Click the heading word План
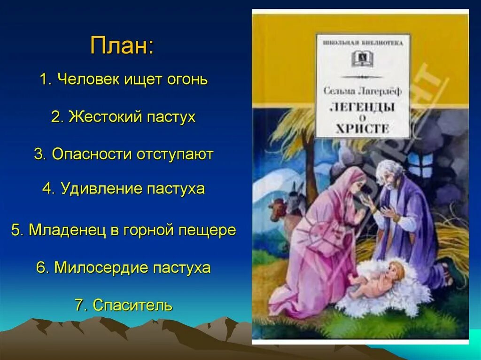[x=122, y=46]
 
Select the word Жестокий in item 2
[x=99, y=117]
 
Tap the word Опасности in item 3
[x=92, y=154]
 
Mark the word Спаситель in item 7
[x=132, y=306]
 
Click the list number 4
[x=47, y=189]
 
